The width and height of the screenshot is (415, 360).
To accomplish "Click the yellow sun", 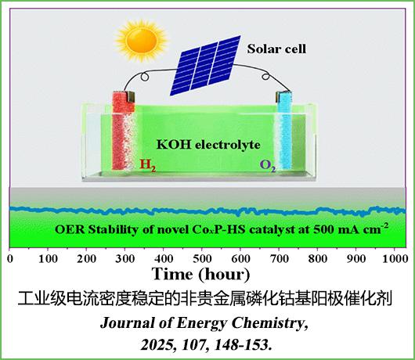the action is coord(142,40).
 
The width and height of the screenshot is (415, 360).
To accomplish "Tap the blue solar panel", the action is coord(205,65).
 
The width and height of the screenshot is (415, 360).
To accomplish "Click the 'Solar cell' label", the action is coord(276,49).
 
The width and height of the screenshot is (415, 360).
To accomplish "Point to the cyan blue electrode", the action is coord(284,131).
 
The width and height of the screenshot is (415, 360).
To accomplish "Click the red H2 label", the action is coord(147,165).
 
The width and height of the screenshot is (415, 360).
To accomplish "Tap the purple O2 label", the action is coord(268,166).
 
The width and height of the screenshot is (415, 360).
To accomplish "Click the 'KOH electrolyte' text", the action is coord(208,145).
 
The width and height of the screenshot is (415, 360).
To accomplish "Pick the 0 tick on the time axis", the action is coord(10,258).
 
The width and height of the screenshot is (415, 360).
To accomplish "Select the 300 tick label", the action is coord(125,258).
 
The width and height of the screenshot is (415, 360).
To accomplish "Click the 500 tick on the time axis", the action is coord(202,258).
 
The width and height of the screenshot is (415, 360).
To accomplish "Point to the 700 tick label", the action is coord(279,258).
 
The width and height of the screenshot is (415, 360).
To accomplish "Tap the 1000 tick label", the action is coord(395,258).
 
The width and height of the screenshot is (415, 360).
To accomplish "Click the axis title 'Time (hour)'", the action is coord(200,274).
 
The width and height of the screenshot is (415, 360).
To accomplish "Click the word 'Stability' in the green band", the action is coord(114,229).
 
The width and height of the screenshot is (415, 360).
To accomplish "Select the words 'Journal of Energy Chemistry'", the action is coord(204,323).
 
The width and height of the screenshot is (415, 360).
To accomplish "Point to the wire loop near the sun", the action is coord(145,77).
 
